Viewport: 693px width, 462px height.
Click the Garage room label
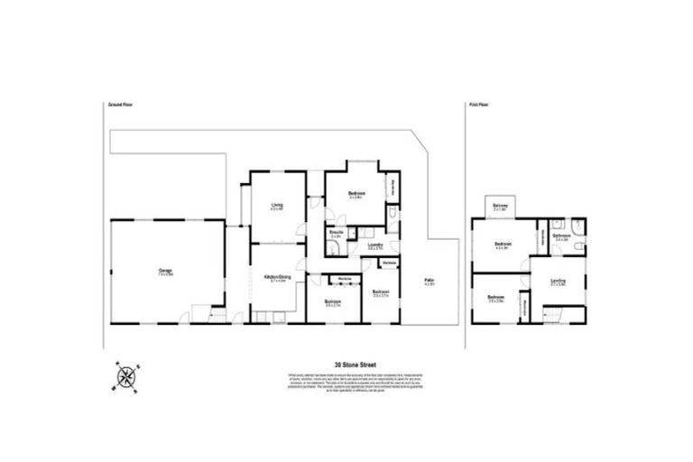[165, 269]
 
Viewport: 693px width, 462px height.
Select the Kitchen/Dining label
[277, 277]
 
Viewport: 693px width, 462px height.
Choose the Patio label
[429, 282]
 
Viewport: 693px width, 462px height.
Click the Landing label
[558, 282]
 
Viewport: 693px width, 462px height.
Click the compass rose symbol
[125, 375]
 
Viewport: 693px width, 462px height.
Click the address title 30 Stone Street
[346, 365]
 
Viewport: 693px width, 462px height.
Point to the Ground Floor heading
[120, 106]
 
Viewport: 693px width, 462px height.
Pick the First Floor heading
[478, 106]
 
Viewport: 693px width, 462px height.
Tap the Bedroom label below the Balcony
[504, 245]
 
